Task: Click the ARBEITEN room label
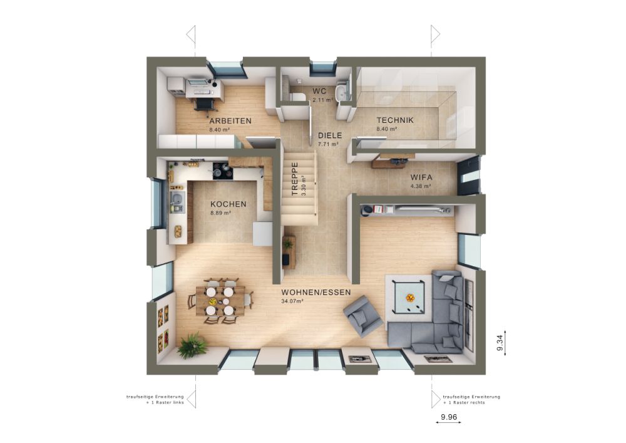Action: [x=230, y=121]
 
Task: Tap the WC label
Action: [x=319, y=91]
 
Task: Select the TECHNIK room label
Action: [x=395, y=120]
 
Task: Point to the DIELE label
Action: [x=330, y=135]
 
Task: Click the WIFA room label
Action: [x=421, y=177]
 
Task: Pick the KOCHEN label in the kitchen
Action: [x=228, y=204]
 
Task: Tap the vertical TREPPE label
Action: [x=295, y=178]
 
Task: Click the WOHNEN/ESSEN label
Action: [x=316, y=293]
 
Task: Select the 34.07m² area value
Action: [x=292, y=301]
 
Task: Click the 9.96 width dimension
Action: [x=448, y=417]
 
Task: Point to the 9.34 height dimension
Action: [x=500, y=343]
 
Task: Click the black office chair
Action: [x=205, y=104]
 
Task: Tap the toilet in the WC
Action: [x=297, y=96]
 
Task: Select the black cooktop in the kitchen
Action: [x=222, y=170]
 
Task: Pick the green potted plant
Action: [x=192, y=345]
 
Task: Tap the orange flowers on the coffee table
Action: [x=409, y=298]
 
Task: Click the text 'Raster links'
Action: [x=168, y=403]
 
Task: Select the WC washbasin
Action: [x=342, y=91]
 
